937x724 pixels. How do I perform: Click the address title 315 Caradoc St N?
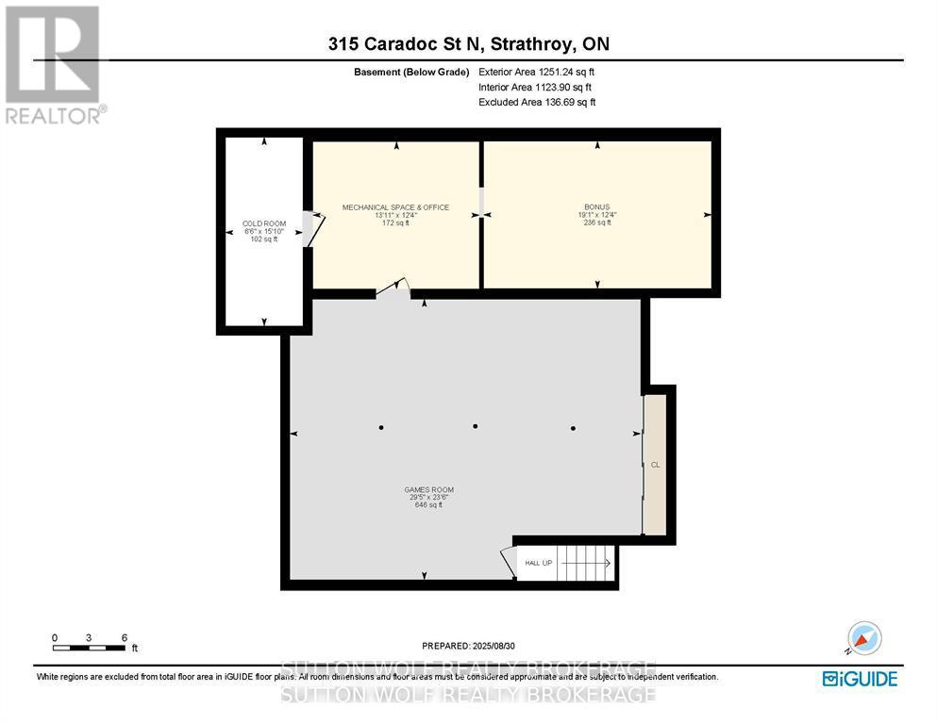(468, 43)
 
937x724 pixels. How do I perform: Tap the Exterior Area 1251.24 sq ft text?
(537, 71)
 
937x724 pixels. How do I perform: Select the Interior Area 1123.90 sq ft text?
(537, 87)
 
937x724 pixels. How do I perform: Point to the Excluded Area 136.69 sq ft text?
(537, 102)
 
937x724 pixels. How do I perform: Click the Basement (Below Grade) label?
(411, 71)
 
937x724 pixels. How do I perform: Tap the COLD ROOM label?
(263, 223)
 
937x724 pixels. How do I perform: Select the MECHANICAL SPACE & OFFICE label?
(395, 207)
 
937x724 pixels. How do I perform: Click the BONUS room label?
(596, 207)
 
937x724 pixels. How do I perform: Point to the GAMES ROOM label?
(428, 489)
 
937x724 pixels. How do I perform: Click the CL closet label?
(655, 465)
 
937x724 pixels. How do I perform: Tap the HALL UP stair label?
(539, 563)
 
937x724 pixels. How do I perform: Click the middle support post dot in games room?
(476, 426)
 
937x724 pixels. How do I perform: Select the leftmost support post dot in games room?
(381, 428)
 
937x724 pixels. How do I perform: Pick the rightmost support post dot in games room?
(573, 428)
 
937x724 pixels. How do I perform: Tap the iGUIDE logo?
(859, 678)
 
